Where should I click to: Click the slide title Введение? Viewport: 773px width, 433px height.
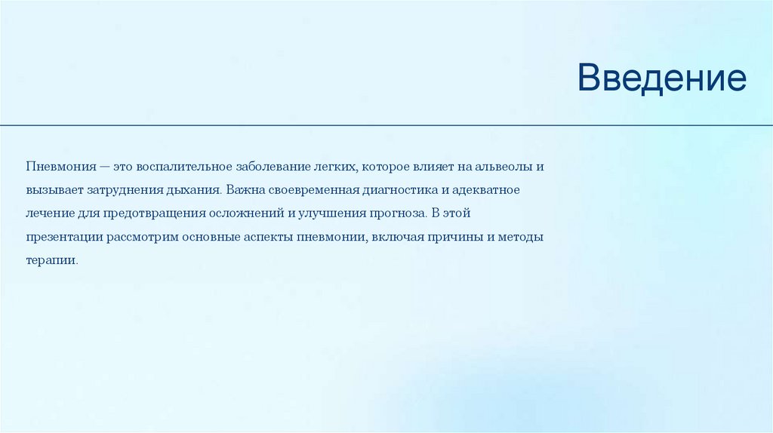pos(662,78)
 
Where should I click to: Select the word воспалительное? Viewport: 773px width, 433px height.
pos(176,165)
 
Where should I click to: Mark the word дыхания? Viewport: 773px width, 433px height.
pos(195,189)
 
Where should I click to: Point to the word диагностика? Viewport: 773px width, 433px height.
pos(398,189)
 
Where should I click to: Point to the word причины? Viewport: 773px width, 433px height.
pos(457,236)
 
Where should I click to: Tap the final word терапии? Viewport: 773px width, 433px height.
pos(51,260)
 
